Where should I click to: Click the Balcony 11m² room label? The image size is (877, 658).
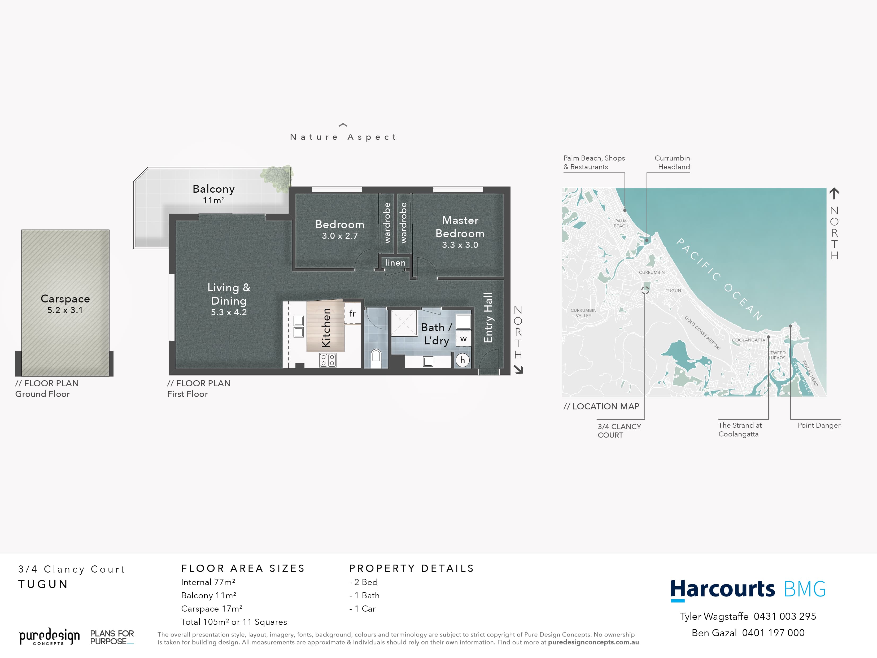point(214,194)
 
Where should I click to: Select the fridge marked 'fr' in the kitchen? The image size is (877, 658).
point(352,313)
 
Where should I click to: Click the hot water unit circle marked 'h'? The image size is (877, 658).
point(462,360)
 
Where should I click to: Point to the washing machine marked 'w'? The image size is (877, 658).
point(463,339)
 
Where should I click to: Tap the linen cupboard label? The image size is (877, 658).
point(395,263)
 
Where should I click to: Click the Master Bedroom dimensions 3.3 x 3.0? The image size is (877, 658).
point(460,245)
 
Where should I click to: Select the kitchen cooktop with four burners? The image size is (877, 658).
point(328,360)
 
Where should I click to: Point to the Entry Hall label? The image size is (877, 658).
point(488,318)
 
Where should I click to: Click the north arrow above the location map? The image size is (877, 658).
point(834,193)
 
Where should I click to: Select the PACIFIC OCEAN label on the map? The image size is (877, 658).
point(719,279)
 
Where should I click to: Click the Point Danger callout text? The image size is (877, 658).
point(819,425)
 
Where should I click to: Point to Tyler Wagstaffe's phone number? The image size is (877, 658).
point(785,616)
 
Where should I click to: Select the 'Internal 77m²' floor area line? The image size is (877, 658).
point(208,582)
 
